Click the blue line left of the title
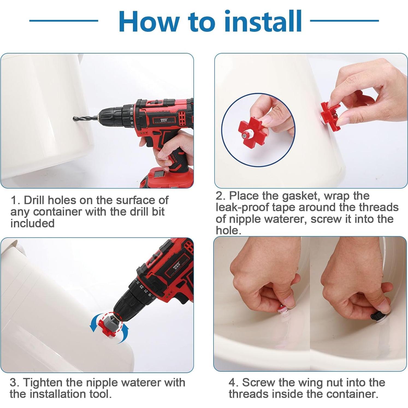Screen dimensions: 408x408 click(64, 20)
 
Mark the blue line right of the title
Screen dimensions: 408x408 click(344, 20)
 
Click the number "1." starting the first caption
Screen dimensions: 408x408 click(15, 200)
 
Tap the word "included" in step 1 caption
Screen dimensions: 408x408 click(32, 223)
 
